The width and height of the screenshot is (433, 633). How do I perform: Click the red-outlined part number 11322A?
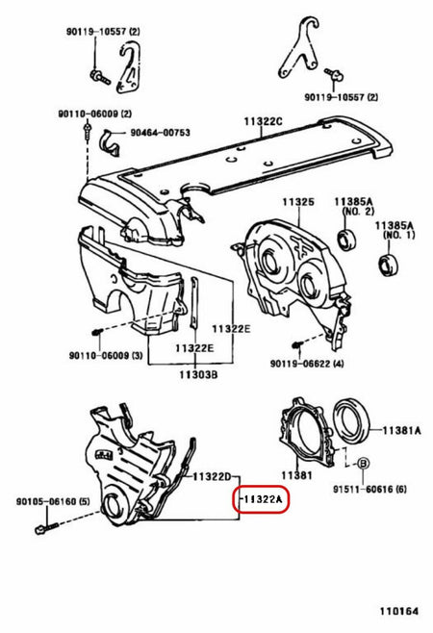click(264, 500)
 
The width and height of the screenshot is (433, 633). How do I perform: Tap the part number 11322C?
click(264, 122)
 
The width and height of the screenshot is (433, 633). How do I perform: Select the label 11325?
click(298, 203)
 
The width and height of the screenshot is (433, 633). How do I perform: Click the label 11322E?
click(231, 329)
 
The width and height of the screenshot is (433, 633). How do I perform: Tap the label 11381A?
click(402, 430)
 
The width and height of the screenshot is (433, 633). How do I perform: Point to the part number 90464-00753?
click(160, 134)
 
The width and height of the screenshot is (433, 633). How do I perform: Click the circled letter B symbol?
click(363, 464)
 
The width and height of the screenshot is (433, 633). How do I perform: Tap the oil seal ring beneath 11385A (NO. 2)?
click(344, 238)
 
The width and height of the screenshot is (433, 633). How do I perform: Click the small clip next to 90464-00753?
click(109, 143)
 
